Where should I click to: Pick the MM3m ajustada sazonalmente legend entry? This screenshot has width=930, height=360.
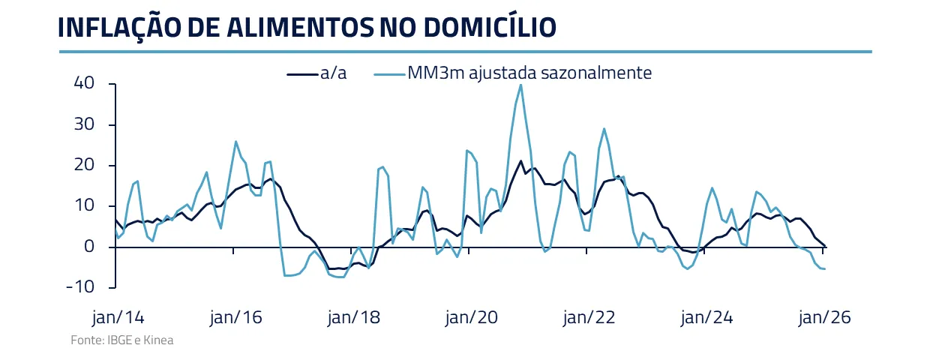pyautogui.click(x=529, y=73)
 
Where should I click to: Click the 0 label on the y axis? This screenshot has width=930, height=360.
pyautogui.click(x=88, y=247)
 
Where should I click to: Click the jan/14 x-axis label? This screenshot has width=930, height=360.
pyautogui.click(x=116, y=317)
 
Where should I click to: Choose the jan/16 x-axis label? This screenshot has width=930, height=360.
pyautogui.click(x=235, y=317)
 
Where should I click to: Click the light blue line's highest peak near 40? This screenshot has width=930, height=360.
pyautogui.click(x=520, y=85)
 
